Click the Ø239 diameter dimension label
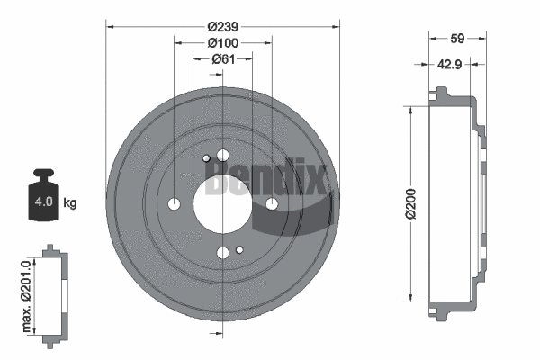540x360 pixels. tap(222, 26)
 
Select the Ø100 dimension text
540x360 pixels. tap(222, 42)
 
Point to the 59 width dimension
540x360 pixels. tap(457, 39)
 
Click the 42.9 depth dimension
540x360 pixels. tap(450, 65)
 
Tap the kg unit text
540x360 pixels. tap(70, 203)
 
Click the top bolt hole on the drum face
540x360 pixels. tap(222, 157)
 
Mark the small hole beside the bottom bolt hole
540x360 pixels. tap(239, 249)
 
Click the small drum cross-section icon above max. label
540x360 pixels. tap(55, 292)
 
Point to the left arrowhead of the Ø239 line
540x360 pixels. tap(110, 26)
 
